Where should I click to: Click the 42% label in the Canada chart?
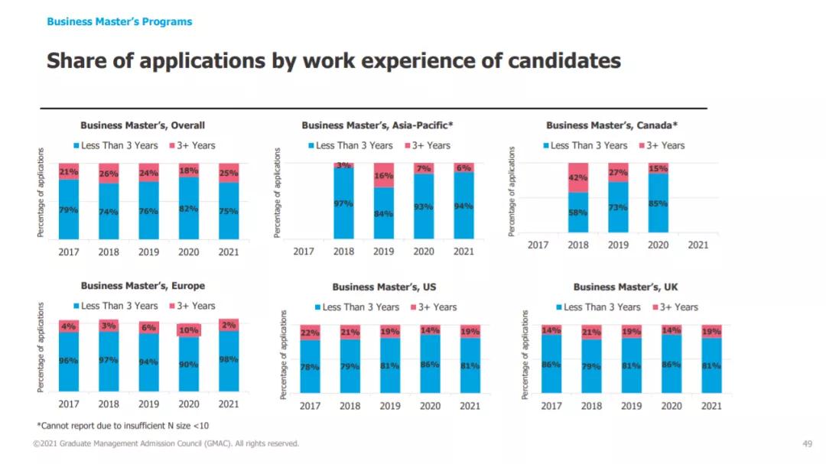[x=578, y=177]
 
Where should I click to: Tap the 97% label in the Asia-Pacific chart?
[x=343, y=204]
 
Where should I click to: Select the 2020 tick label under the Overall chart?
[x=188, y=251]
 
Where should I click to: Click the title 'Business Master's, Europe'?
[x=143, y=286]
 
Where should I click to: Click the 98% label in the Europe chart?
[x=228, y=359]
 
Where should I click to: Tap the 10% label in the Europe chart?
[x=188, y=330]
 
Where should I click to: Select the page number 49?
[x=807, y=443]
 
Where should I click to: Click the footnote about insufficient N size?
[x=123, y=426]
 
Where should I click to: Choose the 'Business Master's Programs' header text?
[x=119, y=21]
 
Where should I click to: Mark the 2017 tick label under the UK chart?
[x=551, y=406]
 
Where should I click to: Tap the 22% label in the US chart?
[x=310, y=333]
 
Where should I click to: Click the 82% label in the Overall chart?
[x=188, y=209]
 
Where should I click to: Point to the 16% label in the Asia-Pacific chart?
[x=383, y=176]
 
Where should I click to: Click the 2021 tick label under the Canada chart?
[x=698, y=245]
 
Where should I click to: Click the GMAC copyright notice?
[x=166, y=443]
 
